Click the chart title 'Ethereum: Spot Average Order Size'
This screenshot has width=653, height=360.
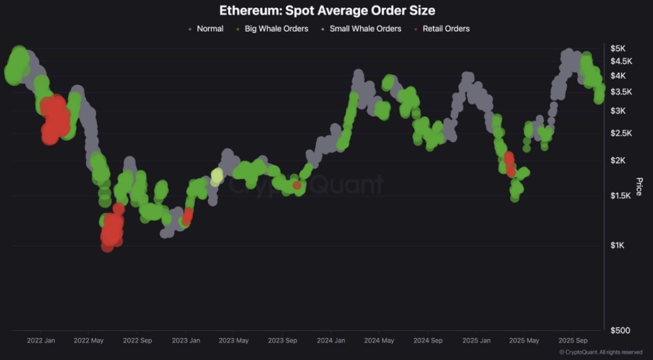pos(327,10)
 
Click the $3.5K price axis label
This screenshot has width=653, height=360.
pos(621,92)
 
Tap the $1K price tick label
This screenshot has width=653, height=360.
pos(617,245)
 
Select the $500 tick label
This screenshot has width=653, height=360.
pos(620,330)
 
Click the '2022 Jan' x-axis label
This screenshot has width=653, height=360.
pos(41,341)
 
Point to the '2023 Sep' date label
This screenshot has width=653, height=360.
pos(283,341)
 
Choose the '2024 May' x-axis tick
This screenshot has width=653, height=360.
pos(380,341)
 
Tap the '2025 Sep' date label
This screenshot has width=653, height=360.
pos(573,341)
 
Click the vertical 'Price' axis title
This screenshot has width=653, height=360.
pos(639,187)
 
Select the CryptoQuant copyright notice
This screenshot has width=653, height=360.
pos(600,352)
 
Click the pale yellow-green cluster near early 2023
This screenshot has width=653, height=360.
pos(217,176)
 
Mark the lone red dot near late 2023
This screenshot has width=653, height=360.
pos(297,185)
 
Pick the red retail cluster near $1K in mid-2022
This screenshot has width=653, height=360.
pos(111,229)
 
